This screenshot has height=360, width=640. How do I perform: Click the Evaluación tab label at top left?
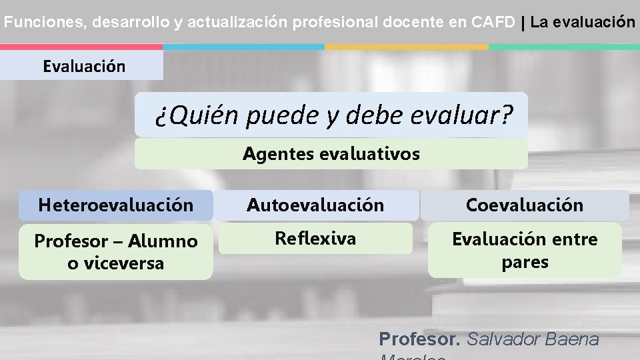click(x=83, y=66)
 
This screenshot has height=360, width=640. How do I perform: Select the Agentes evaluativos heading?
click(x=331, y=154)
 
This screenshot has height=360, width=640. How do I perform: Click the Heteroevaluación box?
click(x=115, y=205)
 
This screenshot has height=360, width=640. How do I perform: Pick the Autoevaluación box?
click(x=315, y=205)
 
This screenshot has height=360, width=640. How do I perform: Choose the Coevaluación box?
click(x=525, y=205)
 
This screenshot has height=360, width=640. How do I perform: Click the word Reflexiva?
click(x=315, y=238)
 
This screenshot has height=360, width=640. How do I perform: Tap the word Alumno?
click(x=163, y=241)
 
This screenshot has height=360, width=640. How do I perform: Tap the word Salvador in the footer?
click(x=503, y=339)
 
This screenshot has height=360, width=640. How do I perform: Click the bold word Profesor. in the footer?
click(x=419, y=339)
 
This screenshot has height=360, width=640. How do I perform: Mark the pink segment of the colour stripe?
click(x=81, y=47)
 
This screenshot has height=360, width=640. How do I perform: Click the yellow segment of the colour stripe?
click(x=407, y=47)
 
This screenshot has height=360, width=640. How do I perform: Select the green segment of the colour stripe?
click(x=564, y=47)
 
